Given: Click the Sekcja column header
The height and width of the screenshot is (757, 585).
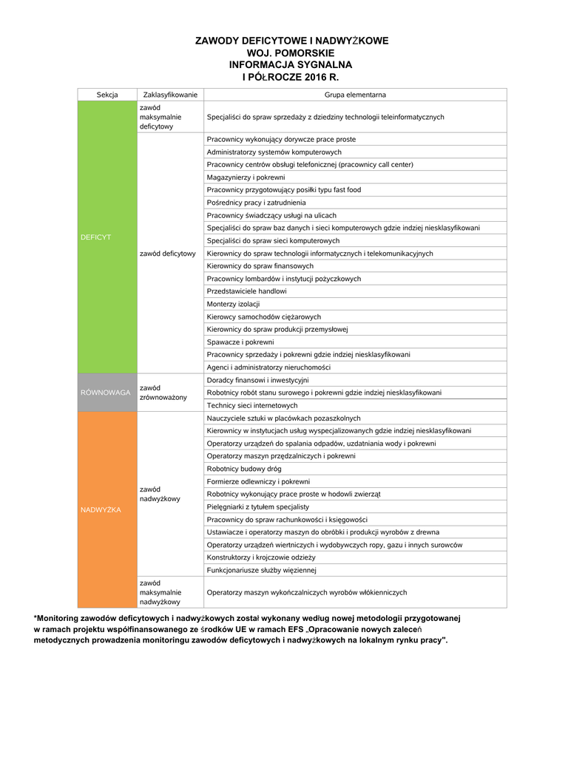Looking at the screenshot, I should click(x=107, y=95).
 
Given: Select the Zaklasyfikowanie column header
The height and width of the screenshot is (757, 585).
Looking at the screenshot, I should click(x=170, y=95).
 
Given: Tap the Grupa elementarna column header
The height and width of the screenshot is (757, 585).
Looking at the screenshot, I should click(x=355, y=95).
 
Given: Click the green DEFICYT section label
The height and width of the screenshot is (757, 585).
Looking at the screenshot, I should click(x=96, y=237).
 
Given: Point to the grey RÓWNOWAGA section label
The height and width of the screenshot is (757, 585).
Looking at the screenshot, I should click(x=105, y=393).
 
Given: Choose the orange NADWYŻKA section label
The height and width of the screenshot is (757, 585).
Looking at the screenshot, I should click(x=101, y=510).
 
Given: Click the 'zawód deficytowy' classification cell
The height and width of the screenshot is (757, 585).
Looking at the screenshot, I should click(x=168, y=254).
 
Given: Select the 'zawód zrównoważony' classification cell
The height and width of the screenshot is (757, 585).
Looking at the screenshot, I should click(x=163, y=393).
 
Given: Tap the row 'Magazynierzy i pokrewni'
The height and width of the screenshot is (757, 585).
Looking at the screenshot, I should click(x=246, y=177).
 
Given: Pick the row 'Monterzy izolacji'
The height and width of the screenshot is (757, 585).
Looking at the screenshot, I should click(x=234, y=304).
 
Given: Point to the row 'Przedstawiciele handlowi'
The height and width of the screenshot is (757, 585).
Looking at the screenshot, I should click(x=246, y=291).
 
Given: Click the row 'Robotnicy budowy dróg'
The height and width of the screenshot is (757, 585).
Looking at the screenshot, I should click(x=244, y=469).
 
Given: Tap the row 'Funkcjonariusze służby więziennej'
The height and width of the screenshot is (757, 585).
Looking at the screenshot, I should click(x=262, y=570).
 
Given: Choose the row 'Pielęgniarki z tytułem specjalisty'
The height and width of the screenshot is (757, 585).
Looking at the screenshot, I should click(x=258, y=506).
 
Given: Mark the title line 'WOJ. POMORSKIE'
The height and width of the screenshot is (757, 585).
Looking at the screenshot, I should click(x=291, y=53).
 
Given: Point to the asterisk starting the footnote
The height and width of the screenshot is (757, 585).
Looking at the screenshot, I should click(x=35, y=617).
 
